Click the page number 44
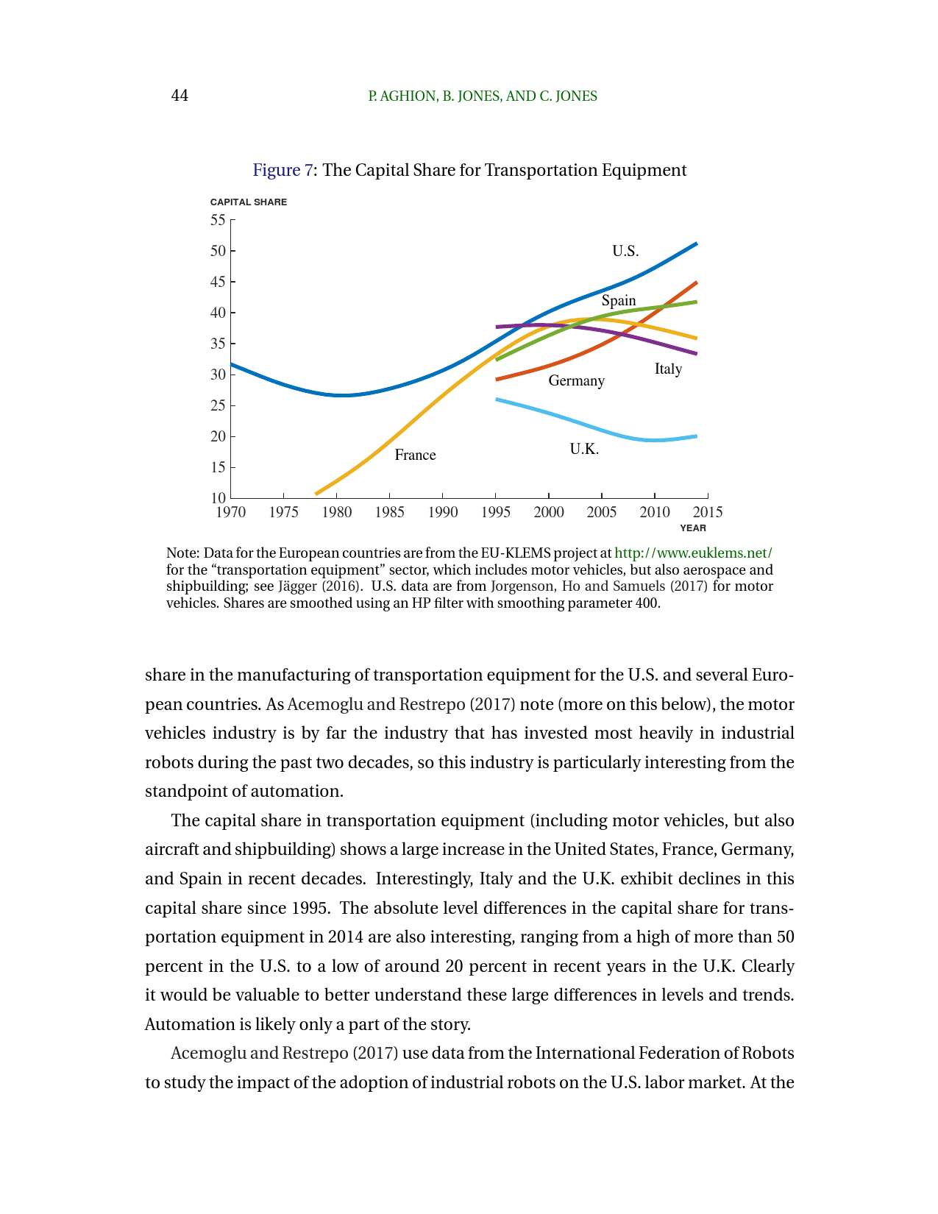(x=180, y=96)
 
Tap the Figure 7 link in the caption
(x=282, y=170)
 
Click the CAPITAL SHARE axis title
(x=249, y=202)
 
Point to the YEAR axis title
(x=692, y=528)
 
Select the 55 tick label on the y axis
(x=218, y=220)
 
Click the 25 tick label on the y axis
(x=218, y=405)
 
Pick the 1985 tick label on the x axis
(x=389, y=512)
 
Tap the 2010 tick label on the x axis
(x=655, y=512)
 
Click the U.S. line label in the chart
(x=625, y=251)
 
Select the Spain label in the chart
(x=618, y=300)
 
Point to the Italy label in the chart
(x=668, y=369)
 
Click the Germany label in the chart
(x=576, y=380)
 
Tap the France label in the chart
(x=415, y=455)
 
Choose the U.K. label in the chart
(x=584, y=449)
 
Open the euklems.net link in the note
(x=693, y=553)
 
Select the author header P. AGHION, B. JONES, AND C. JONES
(x=483, y=96)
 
